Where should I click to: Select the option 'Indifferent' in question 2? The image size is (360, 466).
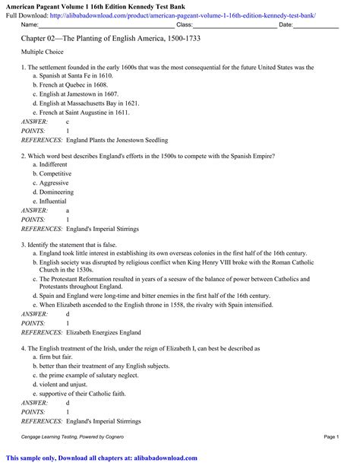pyautogui.click(x=54, y=164)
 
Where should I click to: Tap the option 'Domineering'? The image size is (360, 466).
pyautogui.click(x=57, y=192)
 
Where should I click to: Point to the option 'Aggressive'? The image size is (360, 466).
pyautogui.click(x=55, y=183)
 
